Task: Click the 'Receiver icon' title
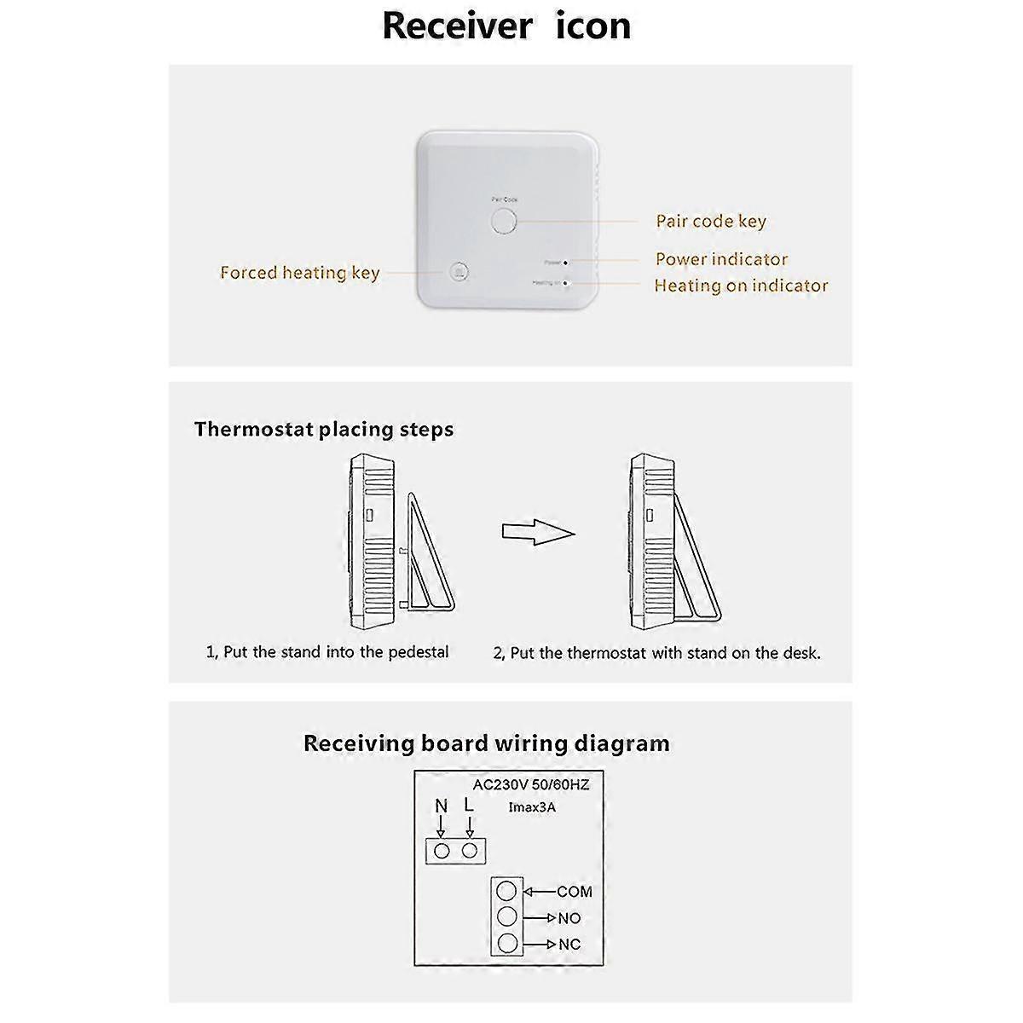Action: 506,26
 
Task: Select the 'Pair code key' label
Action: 711,222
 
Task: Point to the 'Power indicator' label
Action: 721,259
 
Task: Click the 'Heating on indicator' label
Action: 741,286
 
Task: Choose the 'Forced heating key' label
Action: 299,273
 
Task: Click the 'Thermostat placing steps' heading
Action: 324,429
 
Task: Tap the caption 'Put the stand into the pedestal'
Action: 327,652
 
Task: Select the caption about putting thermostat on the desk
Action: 656,654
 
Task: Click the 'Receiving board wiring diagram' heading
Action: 487,743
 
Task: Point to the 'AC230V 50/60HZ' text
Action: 531,784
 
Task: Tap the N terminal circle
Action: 442,851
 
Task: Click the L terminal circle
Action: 469,851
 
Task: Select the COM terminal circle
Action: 506,892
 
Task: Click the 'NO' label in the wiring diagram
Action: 569,919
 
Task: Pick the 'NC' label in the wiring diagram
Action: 569,945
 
